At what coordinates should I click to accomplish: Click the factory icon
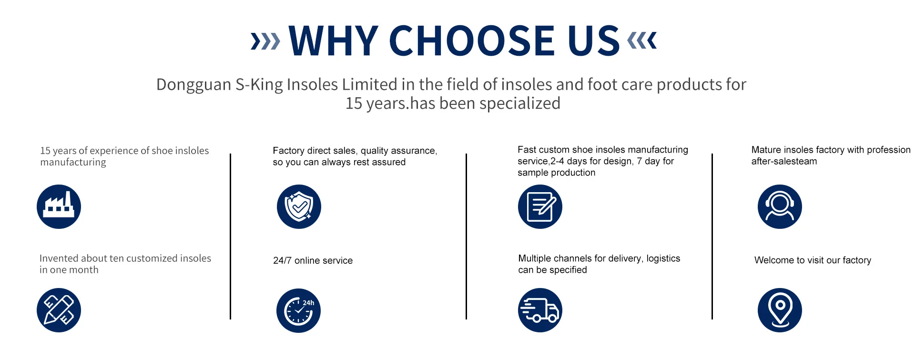59,206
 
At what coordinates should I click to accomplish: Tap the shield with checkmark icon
299,206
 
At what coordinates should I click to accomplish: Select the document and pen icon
540,206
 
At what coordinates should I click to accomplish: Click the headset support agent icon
780,206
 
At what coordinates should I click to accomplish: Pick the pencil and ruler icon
59,310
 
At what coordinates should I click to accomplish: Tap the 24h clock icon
299,310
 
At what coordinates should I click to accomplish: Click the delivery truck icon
540,310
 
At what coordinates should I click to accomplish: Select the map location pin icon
780,310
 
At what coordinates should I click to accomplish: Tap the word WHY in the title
334,41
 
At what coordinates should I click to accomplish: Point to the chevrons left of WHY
265,41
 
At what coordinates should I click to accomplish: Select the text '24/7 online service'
313,260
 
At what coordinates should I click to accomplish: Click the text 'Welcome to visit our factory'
813,260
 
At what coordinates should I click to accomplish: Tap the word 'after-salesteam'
784,161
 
